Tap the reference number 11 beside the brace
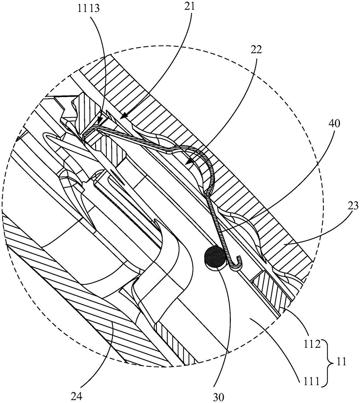(x=341, y=362)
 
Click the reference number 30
(x=218, y=397)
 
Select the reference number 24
(x=77, y=397)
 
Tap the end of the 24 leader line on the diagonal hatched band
(x=112, y=322)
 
